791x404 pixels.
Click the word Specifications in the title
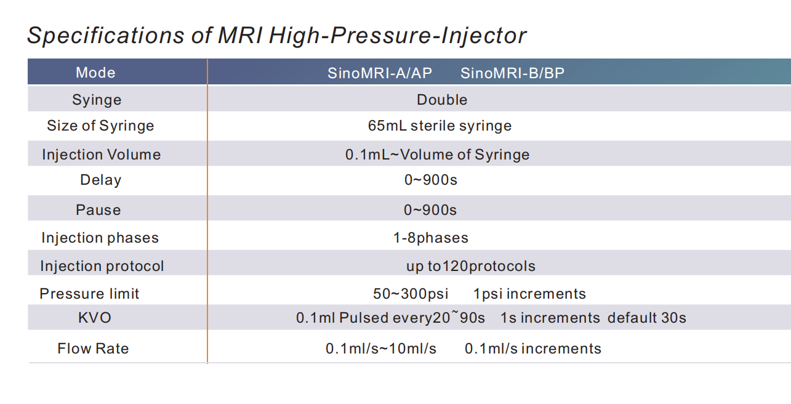[x=106, y=36]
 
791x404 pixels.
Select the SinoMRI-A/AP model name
[x=380, y=73]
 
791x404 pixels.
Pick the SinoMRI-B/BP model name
[x=512, y=73]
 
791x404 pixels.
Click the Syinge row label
[x=97, y=100]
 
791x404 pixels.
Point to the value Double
[x=442, y=100]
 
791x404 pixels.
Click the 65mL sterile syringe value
[x=440, y=126]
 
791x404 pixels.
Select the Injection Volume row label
[x=102, y=155]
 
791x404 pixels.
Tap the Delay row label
[x=100, y=180]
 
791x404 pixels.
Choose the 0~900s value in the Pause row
[x=430, y=210]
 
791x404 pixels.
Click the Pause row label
[x=98, y=210]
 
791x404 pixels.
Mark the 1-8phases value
[x=431, y=238]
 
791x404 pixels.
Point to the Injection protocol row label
[x=102, y=266]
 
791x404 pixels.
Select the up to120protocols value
[x=471, y=266]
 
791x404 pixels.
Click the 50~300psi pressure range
[x=411, y=294]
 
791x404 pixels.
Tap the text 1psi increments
[x=529, y=294]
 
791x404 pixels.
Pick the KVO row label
[x=95, y=318]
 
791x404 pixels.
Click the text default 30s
[x=646, y=318]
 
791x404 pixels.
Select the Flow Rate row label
[x=93, y=349]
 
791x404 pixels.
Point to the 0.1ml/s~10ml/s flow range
[x=380, y=349]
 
